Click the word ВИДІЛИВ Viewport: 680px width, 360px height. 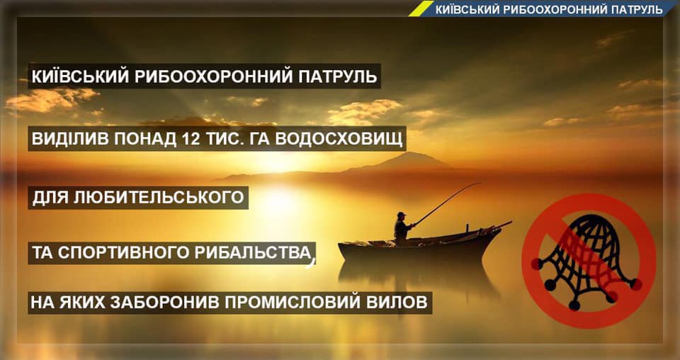[x=67, y=140]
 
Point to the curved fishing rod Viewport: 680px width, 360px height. [x=446, y=203]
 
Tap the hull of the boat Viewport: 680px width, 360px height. [x=418, y=249]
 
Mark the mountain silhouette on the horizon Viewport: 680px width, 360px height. [x=397, y=162]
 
